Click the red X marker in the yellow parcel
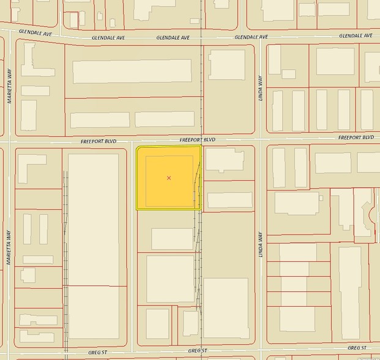(x=169, y=178)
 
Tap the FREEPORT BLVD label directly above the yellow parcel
(x=198, y=140)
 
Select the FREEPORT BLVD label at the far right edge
(x=356, y=138)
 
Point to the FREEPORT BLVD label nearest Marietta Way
(x=98, y=141)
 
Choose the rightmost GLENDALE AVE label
(x=356, y=36)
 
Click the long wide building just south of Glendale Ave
(x=132, y=72)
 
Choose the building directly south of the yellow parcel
(x=172, y=238)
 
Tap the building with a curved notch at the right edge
(x=364, y=212)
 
